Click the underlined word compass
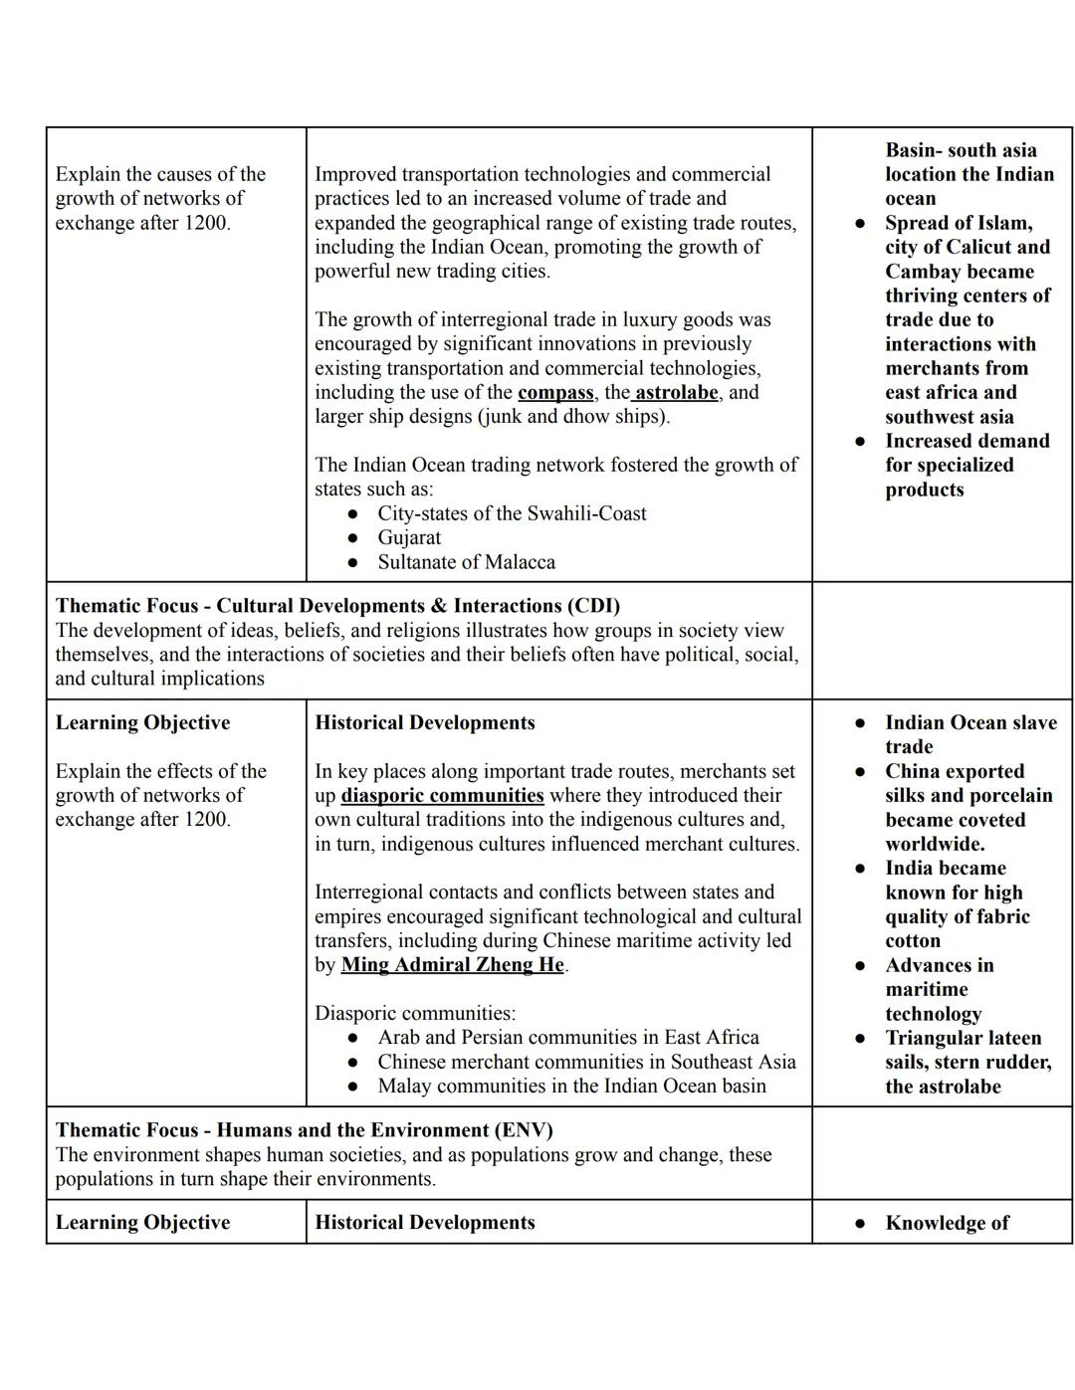[555, 393]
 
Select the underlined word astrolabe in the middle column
[676, 393]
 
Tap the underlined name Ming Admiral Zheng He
[453, 965]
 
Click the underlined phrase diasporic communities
[442, 796]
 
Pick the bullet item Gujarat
[409, 538]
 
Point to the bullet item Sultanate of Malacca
[466, 562]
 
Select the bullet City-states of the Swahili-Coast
[512, 513]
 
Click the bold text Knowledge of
[947, 1223]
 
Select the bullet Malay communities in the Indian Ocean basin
[571, 1087]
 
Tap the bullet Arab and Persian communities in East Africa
[567, 1038]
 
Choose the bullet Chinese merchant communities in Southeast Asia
[586, 1063]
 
